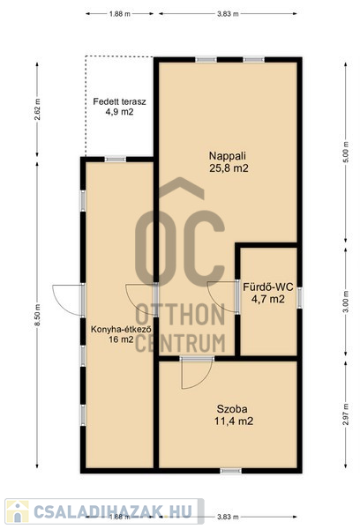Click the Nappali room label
pyautogui.click(x=228, y=156)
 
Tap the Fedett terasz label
pyautogui.click(x=119, y=101)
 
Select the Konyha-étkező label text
pyautogui.click(x=121, y=329)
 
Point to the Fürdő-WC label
pyautogui.click(x=268, y=287)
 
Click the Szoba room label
pyautogui.click(x=232, y=409)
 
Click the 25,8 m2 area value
pyautogui.click(x=229, y=168)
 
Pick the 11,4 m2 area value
pyautogui.click(x=234, y=421)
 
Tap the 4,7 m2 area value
pyautogui.click(x=268, y=299)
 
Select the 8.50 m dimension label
pyautogui.click(x=37, y=315)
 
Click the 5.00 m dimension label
pyautogui.click(x=346, y=153)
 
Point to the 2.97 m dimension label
pyautogui.click(x=346, y=414)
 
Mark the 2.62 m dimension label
pyautogui.click(x=37, y=109)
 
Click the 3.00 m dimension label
pyautogui.click(x=346, y=302)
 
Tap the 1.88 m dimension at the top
pyautogui.click(x=119, y=14)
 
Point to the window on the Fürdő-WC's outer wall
pyautogui.click(x=299, y=297)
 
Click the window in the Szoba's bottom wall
pyautogui.click(x=231, y=471)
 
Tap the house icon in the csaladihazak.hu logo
pyautogui.click(x=18, y=511)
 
